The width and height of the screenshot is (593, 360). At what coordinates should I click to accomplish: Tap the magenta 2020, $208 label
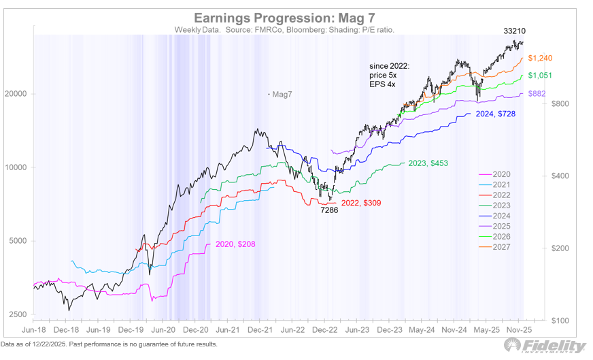point(235,244)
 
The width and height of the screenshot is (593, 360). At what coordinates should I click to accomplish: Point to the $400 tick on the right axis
point(558,176)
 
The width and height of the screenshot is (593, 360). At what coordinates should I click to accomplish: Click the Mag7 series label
point(281,94)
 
